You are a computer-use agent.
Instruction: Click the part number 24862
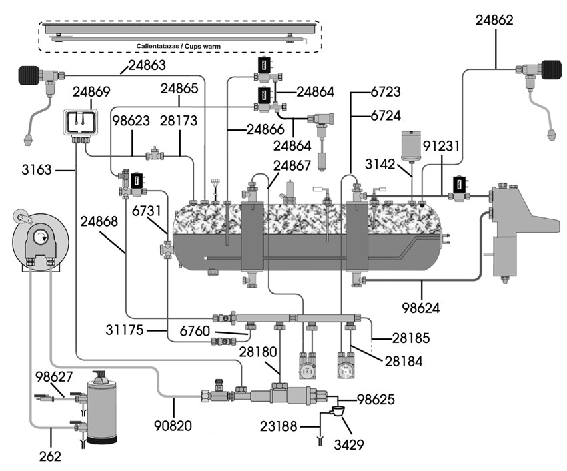pos(494,20)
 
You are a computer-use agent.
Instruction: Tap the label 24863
pos(148,65)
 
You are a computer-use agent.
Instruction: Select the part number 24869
pos(92,91)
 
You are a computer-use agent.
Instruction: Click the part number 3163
pos(37,171)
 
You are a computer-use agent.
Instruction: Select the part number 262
pos(51,457)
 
